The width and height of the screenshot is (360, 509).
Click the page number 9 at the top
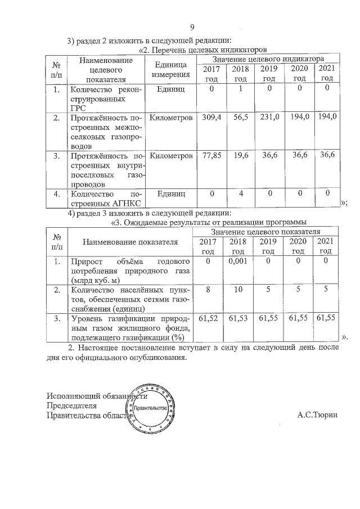tap(192, 27)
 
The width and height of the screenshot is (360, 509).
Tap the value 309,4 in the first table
tap(211, 118)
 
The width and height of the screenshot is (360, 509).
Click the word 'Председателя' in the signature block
tap(72, 406)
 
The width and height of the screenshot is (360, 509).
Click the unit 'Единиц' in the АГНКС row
tap(171, 194)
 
